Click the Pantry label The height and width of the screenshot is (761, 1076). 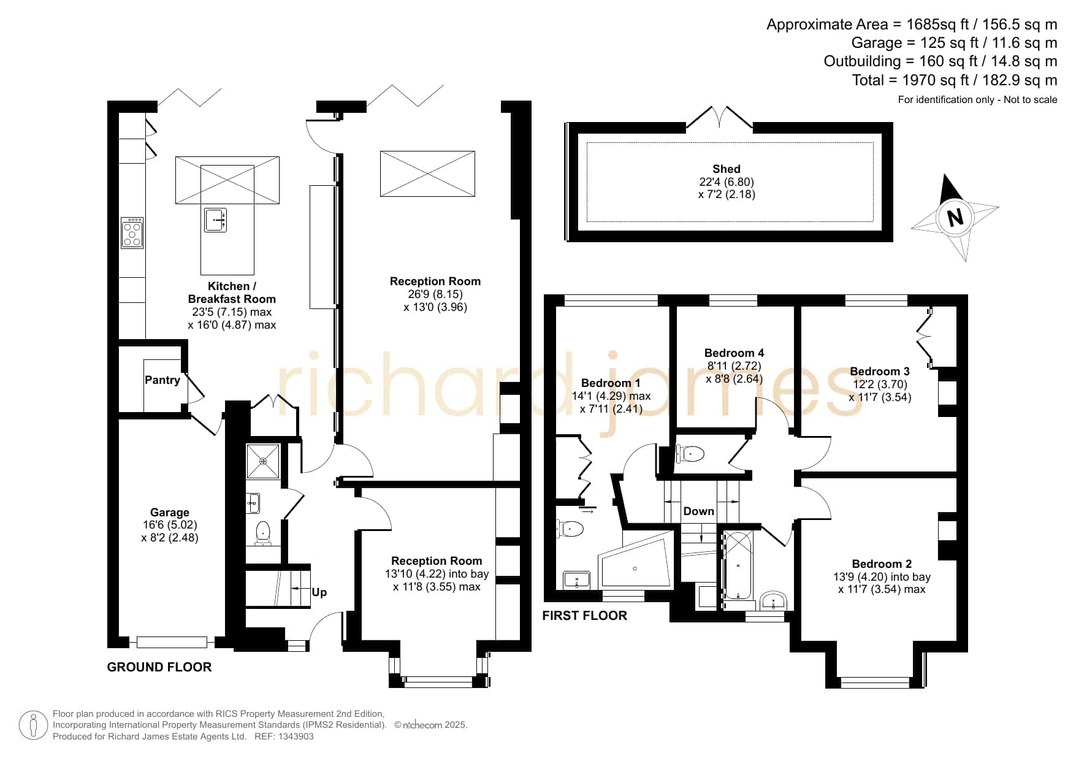(162, 380)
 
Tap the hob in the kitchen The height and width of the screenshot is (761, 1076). (132, 232)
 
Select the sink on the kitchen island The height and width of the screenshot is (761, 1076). (215, 220)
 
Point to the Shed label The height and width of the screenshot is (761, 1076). (727, 169)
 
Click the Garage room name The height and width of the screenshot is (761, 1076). (170, 512)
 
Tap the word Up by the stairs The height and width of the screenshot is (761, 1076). (319, 592)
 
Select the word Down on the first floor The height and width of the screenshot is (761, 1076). (699, 511)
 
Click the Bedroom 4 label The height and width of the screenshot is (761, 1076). (734, 353)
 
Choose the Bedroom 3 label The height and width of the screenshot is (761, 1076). (880, 371)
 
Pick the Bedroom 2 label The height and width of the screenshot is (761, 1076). (882, 564)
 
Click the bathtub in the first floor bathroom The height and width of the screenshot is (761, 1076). (738, 565)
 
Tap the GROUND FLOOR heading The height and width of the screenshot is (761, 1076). (159, 667)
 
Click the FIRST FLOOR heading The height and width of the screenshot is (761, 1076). (585, 616)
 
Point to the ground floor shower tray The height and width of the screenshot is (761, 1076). (264, 461)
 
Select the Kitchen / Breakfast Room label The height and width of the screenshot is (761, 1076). (232, 293)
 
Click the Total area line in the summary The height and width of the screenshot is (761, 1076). (955, 80)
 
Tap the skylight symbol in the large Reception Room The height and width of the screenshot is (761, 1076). (427, 174)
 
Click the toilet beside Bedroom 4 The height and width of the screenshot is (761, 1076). (689, 454)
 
